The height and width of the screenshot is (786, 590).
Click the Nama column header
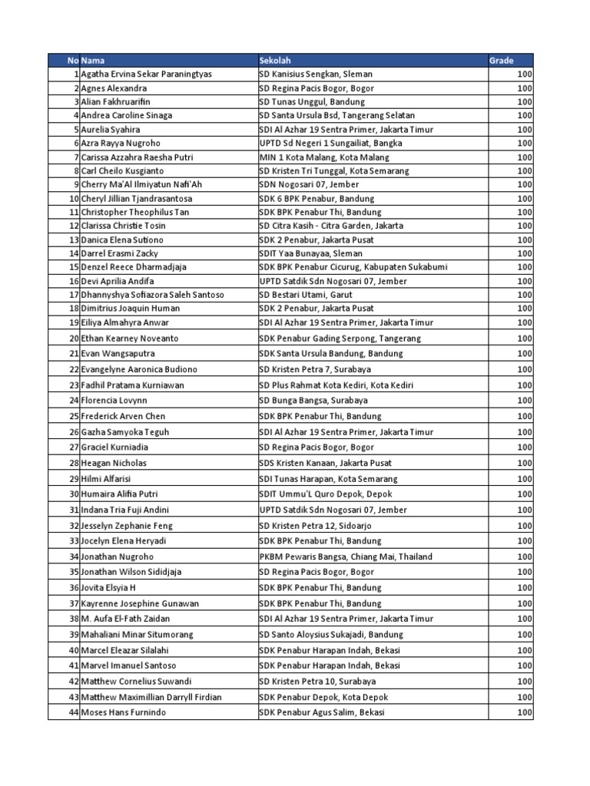93,61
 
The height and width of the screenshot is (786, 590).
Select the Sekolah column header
275,61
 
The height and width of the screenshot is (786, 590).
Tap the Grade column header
501,61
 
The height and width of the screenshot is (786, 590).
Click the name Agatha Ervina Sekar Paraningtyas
147,74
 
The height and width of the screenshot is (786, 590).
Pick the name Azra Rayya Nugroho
118,144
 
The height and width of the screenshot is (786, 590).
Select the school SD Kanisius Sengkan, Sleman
316,74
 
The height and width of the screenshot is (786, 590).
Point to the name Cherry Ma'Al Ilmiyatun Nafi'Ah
141,185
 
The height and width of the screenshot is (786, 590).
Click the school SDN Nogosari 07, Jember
309,185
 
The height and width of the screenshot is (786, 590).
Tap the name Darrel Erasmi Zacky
119,253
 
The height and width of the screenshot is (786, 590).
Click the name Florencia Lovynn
114,401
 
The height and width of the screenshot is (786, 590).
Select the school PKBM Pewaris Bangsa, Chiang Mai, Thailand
346,556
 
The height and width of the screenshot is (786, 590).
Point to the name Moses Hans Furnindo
123,713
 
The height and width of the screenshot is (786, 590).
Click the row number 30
75,494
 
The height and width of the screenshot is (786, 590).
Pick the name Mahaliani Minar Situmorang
137,635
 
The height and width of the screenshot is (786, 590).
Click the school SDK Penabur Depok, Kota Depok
324,697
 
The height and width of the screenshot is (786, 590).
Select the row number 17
75,295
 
